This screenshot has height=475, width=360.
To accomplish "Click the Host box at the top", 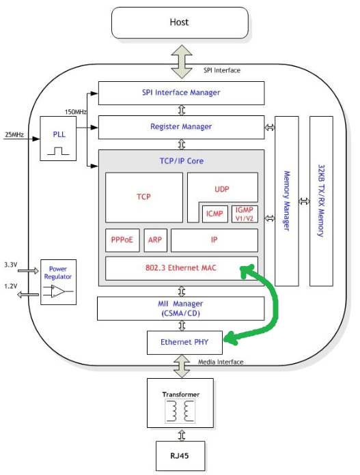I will click(179, 23).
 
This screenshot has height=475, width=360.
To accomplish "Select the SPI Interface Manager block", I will click(181, 93).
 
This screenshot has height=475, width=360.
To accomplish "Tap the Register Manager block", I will click(181, 127).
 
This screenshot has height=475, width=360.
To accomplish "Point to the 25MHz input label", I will click(14, 135).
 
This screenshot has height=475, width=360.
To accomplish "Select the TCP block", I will click(143, 197).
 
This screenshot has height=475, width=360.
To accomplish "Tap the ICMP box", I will click(214, 213).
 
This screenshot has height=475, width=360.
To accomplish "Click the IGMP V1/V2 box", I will click(244, 213).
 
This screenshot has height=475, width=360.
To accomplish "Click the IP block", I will click(214, 240).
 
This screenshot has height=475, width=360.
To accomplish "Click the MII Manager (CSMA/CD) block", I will click(181, 308).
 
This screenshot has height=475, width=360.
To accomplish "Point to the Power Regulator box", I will click(59, 282).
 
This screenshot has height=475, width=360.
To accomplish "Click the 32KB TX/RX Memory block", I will click(322, 201).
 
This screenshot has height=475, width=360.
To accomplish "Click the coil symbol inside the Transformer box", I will click(176, 411).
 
